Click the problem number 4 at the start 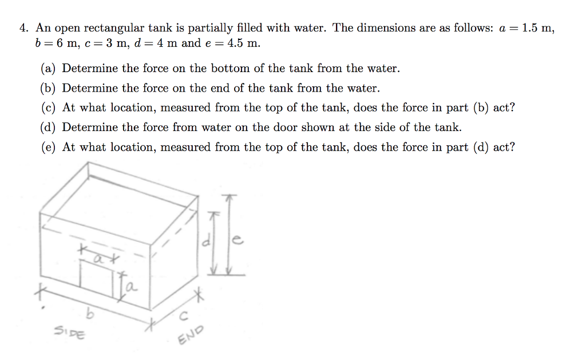[23, 28]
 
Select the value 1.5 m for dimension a [539, 28]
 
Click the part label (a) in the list [49, 69]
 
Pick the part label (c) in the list [49, 108]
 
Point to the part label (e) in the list [49, 147]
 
